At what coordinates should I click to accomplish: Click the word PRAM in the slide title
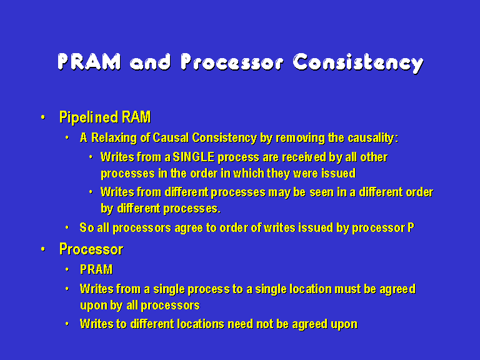[x=89, y=62]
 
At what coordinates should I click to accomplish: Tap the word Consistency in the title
[x=358, y=63]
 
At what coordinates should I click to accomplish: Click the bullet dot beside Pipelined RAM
[x=43, y=117]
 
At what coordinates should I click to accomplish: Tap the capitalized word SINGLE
[x=194, y=157]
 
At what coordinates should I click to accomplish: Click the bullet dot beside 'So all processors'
[x=67, y=227]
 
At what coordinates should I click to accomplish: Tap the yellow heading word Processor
[x=91, y=249]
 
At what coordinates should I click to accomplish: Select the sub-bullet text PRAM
[x=96, y=269]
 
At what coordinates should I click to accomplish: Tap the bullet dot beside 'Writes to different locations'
[x=67, y=324]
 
